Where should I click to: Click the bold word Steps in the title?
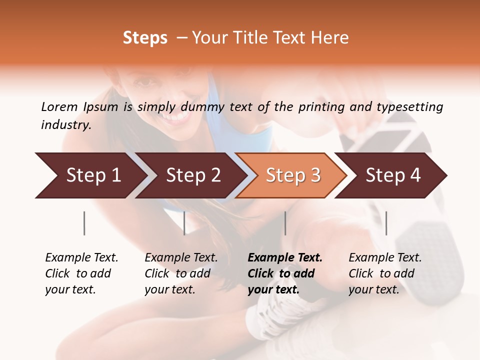(x=145, y=38)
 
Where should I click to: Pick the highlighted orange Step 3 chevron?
(x=293, y=175)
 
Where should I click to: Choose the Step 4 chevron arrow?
(x=393, y=175)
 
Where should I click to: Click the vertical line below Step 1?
(x=84, y=223)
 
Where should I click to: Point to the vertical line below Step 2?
(x=184, y=223)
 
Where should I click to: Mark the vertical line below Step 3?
(x=285, y=223)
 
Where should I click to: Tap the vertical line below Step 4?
(x=386, y=223)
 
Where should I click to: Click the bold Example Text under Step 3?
(x=285, y=258)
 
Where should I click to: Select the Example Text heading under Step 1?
(x=81, y=258)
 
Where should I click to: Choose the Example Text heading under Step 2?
(x=181, y=258)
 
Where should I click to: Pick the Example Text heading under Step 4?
(x=385, y=258)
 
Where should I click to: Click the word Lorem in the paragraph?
(x=59, y=107)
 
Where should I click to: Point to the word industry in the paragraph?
(x=66, y=125)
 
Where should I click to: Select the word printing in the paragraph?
(x=317, y=107)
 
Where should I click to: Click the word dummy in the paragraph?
(x=204, y=107)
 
